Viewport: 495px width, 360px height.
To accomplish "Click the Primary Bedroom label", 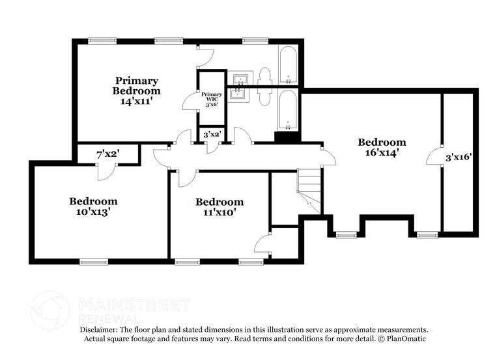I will click(135, 85).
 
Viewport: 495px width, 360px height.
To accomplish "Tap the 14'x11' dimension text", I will click(135, 102).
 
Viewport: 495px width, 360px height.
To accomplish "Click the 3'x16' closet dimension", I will click(459, 157).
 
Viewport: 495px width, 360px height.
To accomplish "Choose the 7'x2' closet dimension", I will click(107, 154).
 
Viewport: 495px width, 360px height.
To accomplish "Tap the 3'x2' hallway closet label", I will click(212, 135).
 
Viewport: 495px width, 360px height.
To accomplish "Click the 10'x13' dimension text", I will click(94, 212).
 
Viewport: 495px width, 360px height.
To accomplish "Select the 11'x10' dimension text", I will click(219, 212).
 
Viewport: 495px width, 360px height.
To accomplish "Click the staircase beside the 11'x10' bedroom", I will click(310, 189).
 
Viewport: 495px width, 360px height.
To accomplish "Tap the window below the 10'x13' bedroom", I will click(93, 262).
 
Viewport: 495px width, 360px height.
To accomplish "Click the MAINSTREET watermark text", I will click(134, 304).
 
